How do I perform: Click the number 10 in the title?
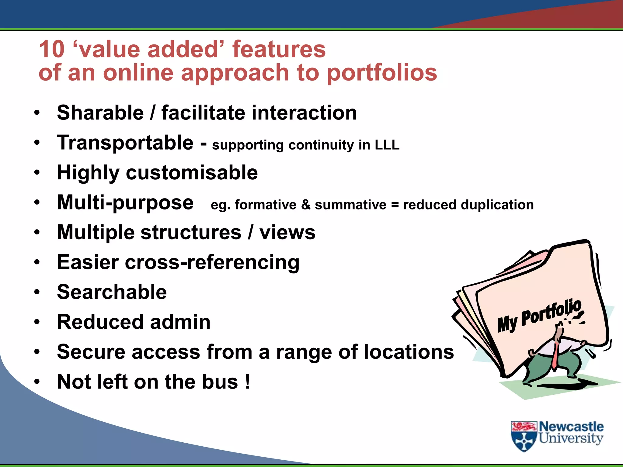tap(52, 49)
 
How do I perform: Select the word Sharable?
tap(100, 113)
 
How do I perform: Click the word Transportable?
tap(125, 143)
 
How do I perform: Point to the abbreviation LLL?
tap(387, 145)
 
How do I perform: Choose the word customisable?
tap(192, 173)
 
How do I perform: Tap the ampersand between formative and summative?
tap(305, 205)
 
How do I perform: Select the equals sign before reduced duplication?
tap(395, 205)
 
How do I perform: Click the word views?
tap(287, 233)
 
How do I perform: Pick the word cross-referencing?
tap(212, 262)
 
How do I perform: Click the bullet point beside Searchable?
tap(37, 292)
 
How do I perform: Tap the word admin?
tap(180, 322)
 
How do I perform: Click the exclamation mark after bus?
tap(248, 381)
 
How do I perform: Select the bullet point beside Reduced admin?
tap(37, 322)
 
